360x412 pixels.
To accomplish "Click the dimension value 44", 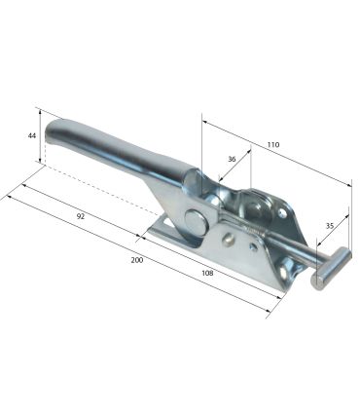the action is tap(31, 135).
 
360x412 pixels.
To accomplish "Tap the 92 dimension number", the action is tap(81, 216).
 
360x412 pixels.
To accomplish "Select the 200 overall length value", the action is tap(137, 260).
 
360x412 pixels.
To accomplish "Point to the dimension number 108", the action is tap(207, 273).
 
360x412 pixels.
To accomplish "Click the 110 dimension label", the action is tap(273, 144).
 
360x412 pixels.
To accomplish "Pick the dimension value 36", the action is tap(232, 159).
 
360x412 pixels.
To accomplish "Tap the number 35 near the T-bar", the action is tap(330, 226).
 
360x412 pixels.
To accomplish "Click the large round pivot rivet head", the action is tap(197, 222).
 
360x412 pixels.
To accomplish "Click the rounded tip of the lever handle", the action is tap(53, 132).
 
